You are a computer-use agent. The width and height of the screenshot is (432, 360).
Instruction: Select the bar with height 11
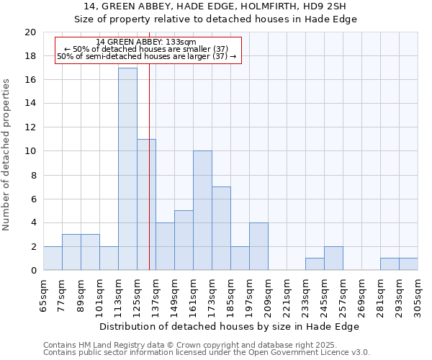pyautogui.click(x=146, y=204)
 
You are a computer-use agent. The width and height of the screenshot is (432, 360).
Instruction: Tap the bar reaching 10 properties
pyautogui.click(x=202, y=210)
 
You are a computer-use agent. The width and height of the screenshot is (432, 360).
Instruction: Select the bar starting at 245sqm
pyautogui.click(x=333, y=258)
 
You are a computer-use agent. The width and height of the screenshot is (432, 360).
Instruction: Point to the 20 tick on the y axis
pyautogui.click(x=30, y=32)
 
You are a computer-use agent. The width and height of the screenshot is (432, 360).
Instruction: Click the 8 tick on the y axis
pyautogui.click(x=32, y=175)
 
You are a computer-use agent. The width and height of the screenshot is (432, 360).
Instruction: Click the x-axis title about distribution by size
pyautogui.click(x=229, y=327)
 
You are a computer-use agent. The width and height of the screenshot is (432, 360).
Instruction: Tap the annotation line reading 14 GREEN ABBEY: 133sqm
pyautogui.click(x=146, y=42)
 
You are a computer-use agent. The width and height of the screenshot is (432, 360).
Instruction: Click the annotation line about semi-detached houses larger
pyautogui.click(x=146, y=56)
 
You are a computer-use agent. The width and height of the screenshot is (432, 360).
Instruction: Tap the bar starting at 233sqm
pyautogui.click(x=315, y=264)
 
